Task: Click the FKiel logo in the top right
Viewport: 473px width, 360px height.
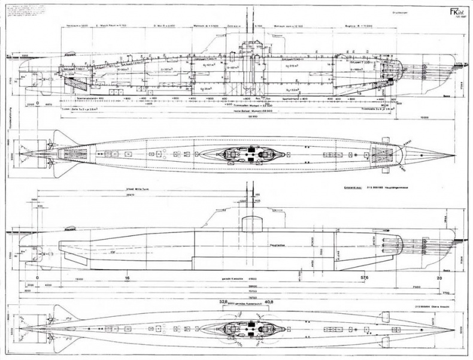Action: click(447, 10)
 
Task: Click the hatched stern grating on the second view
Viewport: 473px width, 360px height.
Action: click(75, 154)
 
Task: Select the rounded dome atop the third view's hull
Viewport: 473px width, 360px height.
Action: click(252, 223)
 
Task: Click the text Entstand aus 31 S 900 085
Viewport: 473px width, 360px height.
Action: click(359, 187)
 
